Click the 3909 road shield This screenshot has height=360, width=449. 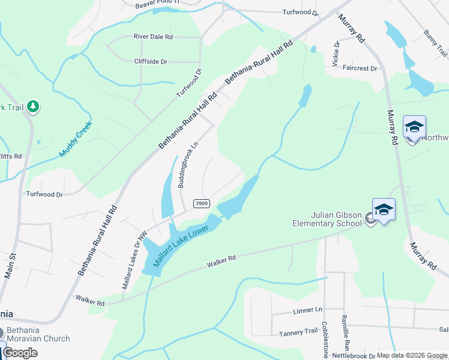201,204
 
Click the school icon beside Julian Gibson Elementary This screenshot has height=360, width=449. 384,210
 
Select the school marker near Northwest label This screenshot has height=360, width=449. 414,127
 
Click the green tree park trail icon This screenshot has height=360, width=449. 34,107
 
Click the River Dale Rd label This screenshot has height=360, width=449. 153,37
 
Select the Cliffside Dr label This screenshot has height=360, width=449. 151,61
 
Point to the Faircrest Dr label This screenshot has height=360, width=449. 360,68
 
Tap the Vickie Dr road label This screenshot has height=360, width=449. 336,53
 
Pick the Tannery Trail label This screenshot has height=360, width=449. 298,332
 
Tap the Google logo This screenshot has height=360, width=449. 20,353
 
